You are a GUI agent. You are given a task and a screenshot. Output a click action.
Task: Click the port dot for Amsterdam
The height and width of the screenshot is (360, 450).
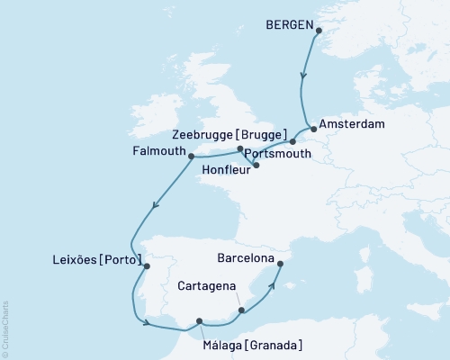point(313,127)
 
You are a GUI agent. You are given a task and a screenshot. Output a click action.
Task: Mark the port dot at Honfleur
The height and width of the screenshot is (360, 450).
point(256,165)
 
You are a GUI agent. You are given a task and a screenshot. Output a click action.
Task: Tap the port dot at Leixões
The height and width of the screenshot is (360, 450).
point(147,265)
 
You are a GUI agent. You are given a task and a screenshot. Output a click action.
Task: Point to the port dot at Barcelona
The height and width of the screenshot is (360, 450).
point(280,264)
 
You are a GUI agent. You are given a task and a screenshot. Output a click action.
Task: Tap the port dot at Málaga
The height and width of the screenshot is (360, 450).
point(200,319)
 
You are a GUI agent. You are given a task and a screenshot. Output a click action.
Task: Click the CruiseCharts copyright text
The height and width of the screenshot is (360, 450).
point(6,328)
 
